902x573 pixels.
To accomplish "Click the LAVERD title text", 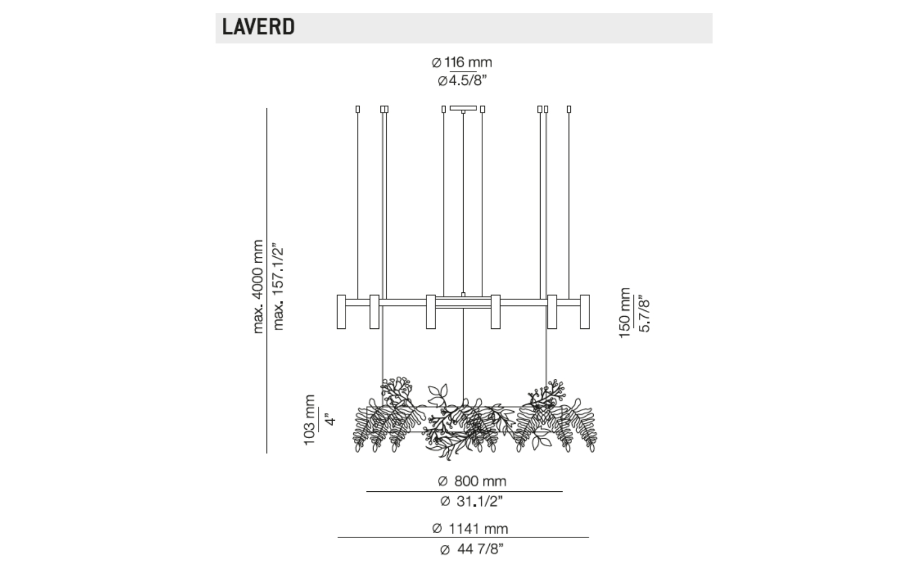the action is coord(258,27).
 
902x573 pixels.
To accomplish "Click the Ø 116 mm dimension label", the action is coord(462,63).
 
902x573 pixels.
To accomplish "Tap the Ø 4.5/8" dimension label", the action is coord(462,81).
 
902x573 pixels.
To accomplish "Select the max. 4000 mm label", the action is coord(258,286).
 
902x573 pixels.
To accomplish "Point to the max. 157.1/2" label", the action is coord(278,286).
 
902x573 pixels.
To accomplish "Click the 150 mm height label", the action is coord(625,313).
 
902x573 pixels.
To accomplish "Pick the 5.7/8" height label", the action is coord(645,315).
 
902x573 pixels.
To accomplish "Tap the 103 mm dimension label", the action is coord(309,420).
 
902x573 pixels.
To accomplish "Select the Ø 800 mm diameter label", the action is coord(472,481).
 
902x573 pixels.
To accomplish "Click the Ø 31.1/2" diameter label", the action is coord(472,501).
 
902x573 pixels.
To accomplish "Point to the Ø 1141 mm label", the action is coord(470,528).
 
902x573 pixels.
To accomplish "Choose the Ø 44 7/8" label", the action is coord(472,549).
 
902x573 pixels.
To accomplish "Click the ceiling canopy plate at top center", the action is coord(463,108).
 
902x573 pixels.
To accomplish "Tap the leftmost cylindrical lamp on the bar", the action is coord(341,312).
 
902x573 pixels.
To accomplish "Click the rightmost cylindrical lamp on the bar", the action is coord(585,312).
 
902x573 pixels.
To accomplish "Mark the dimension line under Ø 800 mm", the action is coord(464,491).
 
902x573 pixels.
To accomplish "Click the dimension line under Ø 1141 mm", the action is coord(463,537).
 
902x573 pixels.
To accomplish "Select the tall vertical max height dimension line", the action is coord(266,281).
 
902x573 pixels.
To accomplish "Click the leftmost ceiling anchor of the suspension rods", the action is coord(358,109).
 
